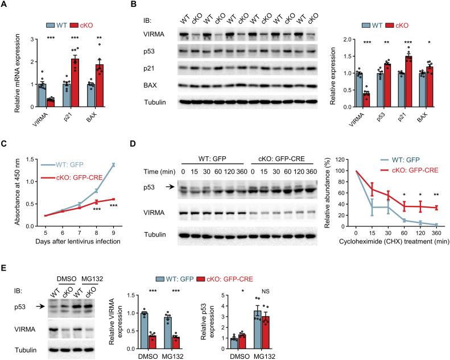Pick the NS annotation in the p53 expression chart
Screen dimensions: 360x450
(x=412, y=276)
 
